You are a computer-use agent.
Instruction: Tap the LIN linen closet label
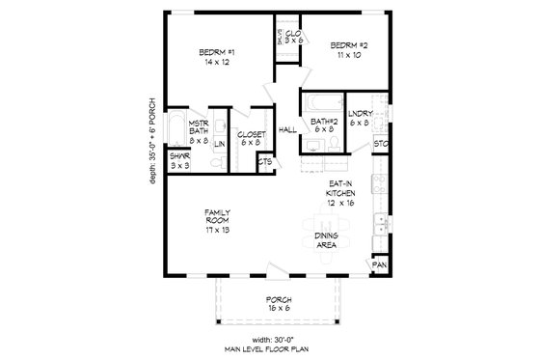(220, 144)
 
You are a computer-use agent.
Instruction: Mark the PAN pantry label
(380, 263)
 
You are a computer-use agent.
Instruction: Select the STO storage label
(380, 146)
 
